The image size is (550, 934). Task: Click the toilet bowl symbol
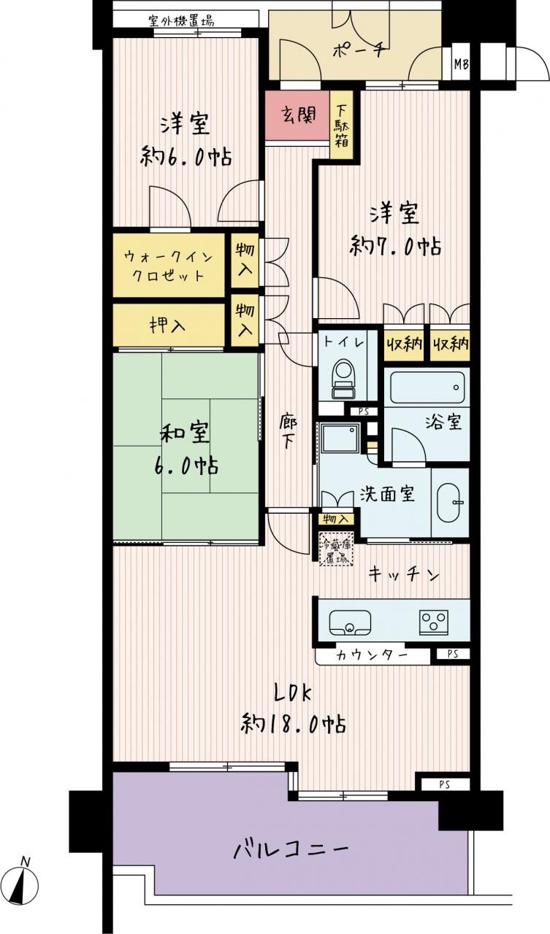pos(343,379)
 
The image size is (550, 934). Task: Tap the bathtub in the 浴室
pos(427,387)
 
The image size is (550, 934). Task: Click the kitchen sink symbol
pos(350,622)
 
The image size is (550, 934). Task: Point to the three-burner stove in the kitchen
pos(434,622)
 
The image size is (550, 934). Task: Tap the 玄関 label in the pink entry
pos(298,115)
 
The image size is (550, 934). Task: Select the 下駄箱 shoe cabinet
pos(342,125)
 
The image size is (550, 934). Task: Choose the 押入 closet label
pos(168,325)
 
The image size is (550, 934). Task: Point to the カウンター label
pos(371,656)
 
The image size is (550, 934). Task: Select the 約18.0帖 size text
pos(293,725)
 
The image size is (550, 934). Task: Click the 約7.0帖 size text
pos(395,246)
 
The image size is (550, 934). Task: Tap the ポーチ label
pos(359,51)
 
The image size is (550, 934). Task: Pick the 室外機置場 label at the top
pos(182,21)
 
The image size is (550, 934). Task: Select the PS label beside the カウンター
pos(453,655)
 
